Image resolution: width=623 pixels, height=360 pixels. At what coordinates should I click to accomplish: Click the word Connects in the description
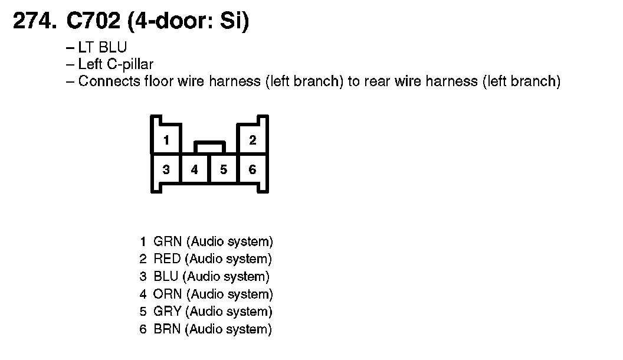[x=109, y=81]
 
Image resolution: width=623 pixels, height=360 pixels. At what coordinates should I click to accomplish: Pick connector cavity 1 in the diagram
[x=167, y=140]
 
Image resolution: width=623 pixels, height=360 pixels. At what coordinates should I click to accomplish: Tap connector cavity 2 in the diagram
[x=253, y=140]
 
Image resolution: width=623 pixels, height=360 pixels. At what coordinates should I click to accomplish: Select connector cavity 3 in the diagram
[x=166, y=170]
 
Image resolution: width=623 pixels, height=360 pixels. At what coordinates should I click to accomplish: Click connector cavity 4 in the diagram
[x=195, y=170]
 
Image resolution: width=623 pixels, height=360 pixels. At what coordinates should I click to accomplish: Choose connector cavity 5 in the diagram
[x=224, y=170]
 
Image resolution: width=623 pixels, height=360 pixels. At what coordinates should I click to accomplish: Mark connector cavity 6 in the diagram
[x=253, y=170]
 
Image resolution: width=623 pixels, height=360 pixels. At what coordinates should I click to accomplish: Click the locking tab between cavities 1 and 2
[x=209, y=146]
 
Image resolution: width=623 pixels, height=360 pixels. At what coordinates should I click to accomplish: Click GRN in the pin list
[x=168, y=241]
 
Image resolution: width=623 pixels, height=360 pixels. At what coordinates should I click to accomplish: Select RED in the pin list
[x=167, y=258]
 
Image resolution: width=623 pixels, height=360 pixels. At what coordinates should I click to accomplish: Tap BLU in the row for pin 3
[x=166, y=276]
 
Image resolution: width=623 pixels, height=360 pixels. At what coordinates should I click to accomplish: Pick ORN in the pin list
[x=168, y=294]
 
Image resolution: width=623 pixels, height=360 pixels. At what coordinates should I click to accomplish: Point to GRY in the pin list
[x=168, y=312]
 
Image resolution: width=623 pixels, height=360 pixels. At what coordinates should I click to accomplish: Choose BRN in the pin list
[x=167, y=329]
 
